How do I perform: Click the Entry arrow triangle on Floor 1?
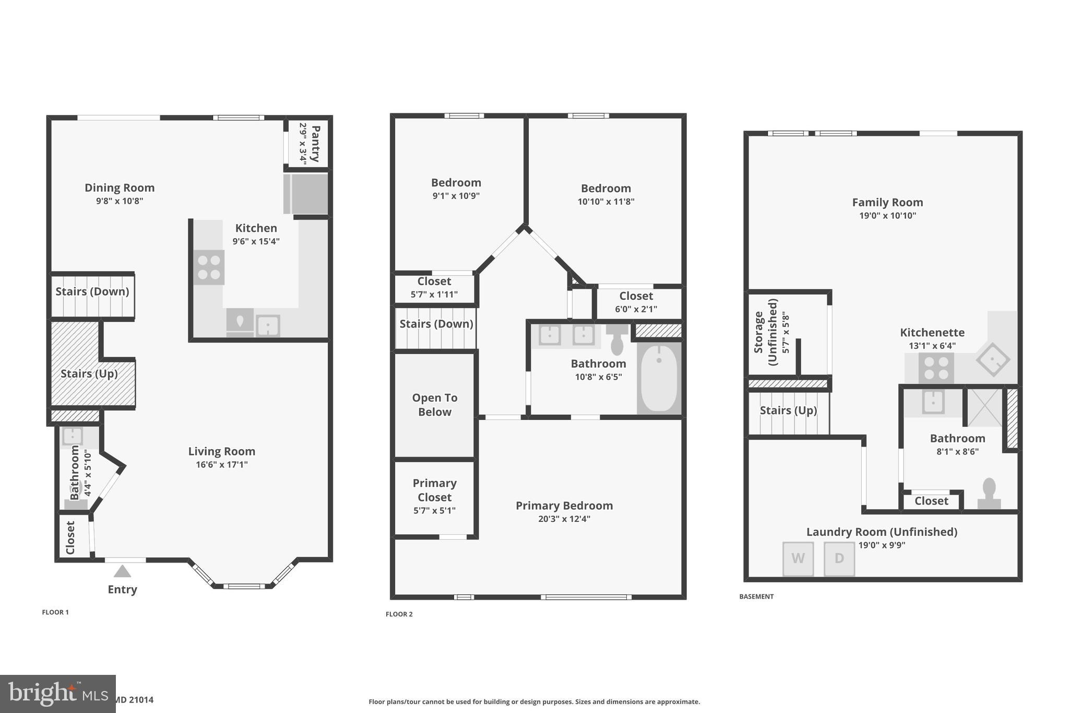coord(122,571)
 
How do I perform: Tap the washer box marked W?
coord(798,559)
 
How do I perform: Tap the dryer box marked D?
coord(839,559)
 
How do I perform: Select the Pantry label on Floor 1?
coord(315,143)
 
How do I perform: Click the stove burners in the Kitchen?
coord(209,267)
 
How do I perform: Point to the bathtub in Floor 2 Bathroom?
coord(659,378)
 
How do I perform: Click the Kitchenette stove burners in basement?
coord(936,368)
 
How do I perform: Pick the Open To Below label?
coord(435,405)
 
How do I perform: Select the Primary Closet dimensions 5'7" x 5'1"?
coord(434,511)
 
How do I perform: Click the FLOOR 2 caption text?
coord(399,614)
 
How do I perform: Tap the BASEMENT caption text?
coord(756,597)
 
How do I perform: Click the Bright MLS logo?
coord(57,694)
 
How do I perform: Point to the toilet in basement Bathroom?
coord(989,493)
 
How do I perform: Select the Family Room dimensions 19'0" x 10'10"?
coord(887,216)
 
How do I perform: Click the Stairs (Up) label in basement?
coord(788,411)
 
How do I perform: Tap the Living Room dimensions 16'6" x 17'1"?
coord(222,465)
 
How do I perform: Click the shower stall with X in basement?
coord(984,407)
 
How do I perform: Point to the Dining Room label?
coord(120,188)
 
